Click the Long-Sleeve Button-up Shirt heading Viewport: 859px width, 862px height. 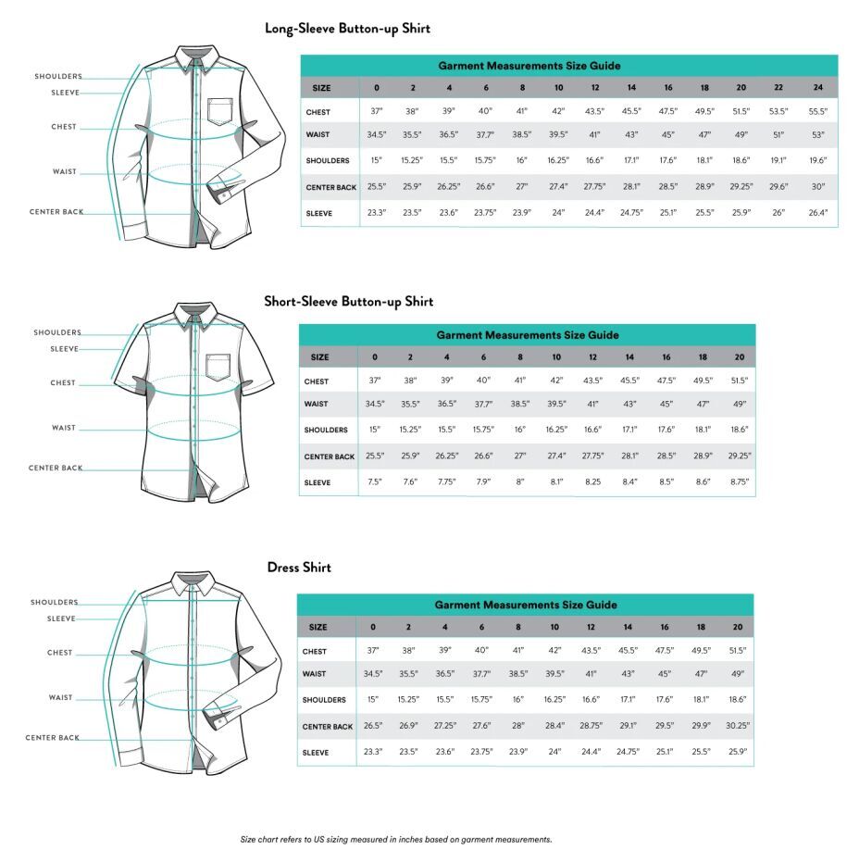pyautogui.click(x=347, y=29)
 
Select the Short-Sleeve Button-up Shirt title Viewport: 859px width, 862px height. pyautogui.click(x=348, y=302)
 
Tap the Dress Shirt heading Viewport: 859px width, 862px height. pyautogui.click(x=299, y=568)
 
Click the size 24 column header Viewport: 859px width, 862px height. pyautogui.click(x=817, y=88)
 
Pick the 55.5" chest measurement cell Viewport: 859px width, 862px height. pyautogui.click(x=817, y=112)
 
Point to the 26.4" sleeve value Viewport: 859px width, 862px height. pyautogui.click(x=817, y=213)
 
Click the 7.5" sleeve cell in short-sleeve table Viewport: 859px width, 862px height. pyautogui.click(x=374, y=482)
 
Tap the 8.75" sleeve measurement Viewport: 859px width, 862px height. pyautogui.click(x=739, y=482)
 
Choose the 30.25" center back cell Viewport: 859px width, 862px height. pyautogui.click(x=738, y=727)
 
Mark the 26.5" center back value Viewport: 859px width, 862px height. pyautogui.click(x=373, y=727)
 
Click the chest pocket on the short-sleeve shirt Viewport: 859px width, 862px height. pyautogui.click(x=218, y=367)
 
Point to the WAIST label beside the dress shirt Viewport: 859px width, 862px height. pyautogui.click(x=61, y=698)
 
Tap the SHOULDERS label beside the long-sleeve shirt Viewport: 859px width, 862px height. pyautogui.click(x=58, y=77)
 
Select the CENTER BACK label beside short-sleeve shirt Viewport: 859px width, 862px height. pyautogui.click(x=56, y=468)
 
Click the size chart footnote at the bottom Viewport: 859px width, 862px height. pyautogui.click(x=396, y=840)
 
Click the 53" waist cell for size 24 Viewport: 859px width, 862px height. pyautogui.click(x=817, y=136)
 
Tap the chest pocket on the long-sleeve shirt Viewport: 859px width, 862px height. pyautogui.click(x=219, y=111)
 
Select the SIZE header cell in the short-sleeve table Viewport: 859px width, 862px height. pyautogui.click(x=319, y=357)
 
